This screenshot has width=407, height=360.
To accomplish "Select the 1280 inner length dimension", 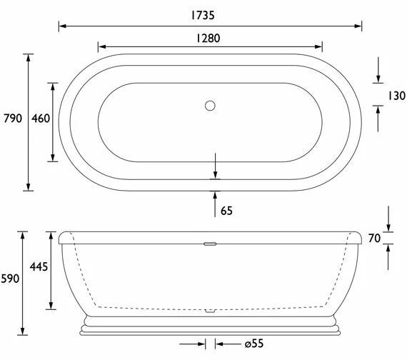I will point(209,39).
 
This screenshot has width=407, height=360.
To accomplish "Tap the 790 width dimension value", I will point(13,119).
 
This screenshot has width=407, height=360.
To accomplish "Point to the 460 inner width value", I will point(41,119).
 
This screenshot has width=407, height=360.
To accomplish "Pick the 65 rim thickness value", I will point(226,211).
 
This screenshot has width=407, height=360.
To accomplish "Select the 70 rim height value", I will point(374,239).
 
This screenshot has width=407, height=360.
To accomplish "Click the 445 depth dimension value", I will point(39,267).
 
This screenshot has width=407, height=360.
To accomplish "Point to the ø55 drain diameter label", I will point(253,344).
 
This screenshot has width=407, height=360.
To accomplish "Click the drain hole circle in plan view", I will point(209,106).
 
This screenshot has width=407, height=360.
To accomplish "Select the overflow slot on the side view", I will point(209,244).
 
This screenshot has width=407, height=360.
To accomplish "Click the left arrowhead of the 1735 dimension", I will point(62,26).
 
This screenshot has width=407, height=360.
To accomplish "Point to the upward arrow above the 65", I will point(215,196).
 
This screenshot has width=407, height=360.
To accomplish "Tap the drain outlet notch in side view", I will point(209,310).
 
